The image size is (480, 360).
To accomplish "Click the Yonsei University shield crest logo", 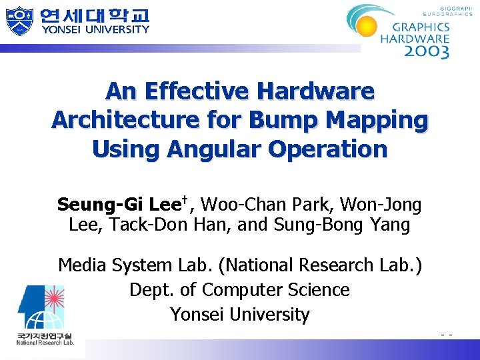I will click(19, 21).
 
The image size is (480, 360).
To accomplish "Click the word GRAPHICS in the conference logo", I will click(421, 27).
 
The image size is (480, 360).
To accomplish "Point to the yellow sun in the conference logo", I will click(367, 27).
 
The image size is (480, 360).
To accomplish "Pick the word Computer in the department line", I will click(242, 290).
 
